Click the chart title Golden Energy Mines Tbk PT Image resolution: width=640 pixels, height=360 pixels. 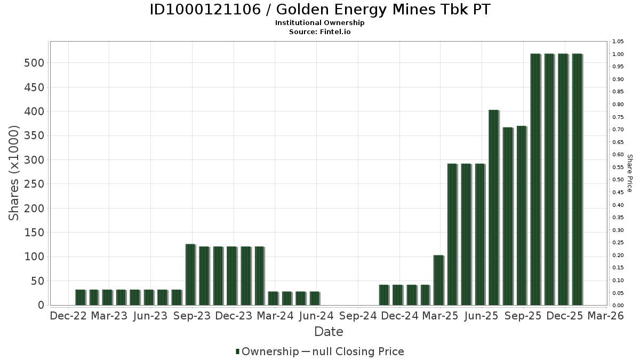[x=319, y=10]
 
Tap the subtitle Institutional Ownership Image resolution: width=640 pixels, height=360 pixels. [x=319, y=23]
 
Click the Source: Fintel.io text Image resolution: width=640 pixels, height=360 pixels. [x=319, y=32]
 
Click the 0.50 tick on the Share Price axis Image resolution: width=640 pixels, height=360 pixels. [x=618, y=180]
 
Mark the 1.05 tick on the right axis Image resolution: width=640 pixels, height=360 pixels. [x=618, y=42]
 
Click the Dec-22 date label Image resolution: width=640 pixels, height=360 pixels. [x=68, y=316]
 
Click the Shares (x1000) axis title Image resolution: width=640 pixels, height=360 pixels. [x=14, y=173]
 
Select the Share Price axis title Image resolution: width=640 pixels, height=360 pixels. [x=630, y=173]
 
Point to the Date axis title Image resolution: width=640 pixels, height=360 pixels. [x=329, y=332]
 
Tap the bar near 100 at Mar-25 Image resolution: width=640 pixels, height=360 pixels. [x=438, y=280]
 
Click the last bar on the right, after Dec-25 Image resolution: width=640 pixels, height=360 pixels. [x=577, y=179]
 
